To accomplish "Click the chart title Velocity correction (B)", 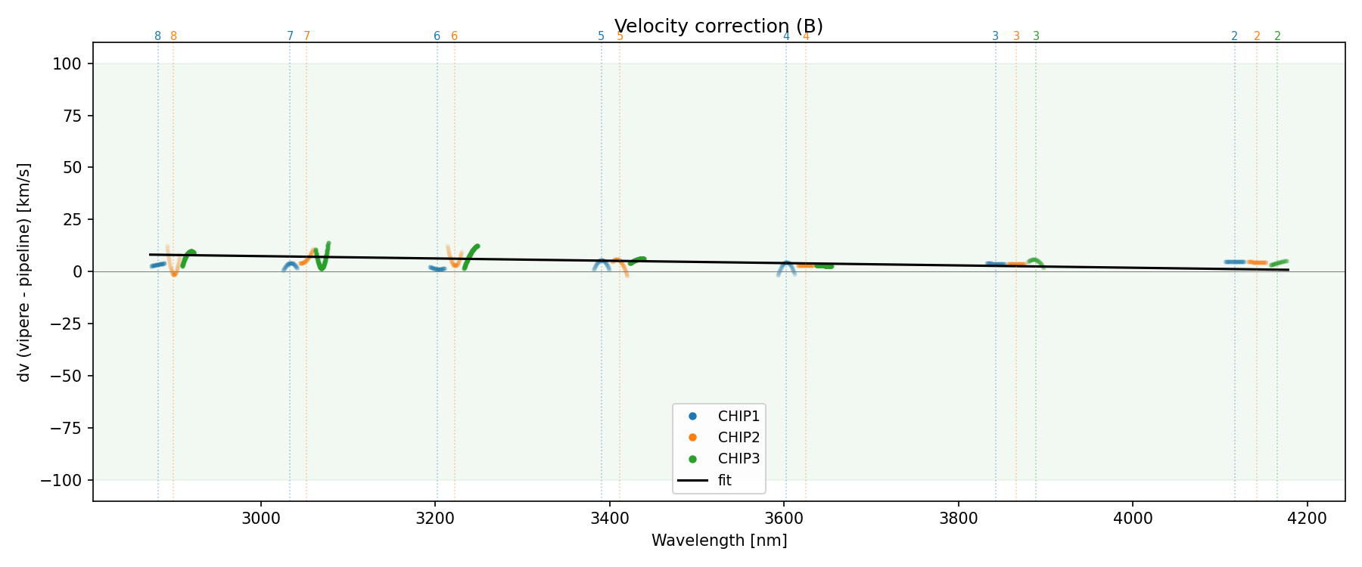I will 718,26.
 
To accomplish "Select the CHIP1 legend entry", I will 739,416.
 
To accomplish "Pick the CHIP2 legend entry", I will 739,437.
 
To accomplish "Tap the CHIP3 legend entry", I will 739,458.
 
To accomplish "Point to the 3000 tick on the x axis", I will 261,519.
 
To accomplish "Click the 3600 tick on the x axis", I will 785,519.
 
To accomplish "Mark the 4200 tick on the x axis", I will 1308,519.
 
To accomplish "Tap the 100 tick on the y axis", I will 67,64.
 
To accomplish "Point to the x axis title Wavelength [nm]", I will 719,541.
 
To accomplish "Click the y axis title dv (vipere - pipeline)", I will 24,271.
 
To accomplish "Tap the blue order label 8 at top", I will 157,36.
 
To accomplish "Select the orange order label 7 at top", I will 306,36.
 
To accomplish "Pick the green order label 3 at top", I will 1036,36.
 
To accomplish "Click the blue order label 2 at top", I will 1234,36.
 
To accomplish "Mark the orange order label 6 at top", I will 454,36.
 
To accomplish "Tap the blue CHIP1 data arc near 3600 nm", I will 786,265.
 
